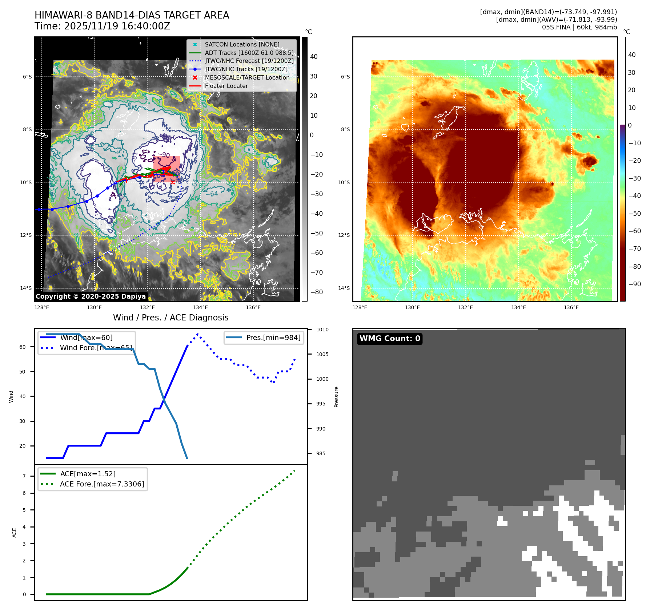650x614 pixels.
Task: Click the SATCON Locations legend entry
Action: [x=242, y=44]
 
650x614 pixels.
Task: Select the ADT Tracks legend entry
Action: [x=249, y=53]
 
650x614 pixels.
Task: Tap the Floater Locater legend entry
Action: [x=226, y=86]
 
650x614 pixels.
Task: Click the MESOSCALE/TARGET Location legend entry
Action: [x=247, y=77]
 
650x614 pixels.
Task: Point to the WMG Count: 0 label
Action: [x=390, y=339]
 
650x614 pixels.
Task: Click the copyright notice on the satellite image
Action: [x=91, y=296]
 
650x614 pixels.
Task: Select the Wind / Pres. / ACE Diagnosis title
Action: [x=171, y=318]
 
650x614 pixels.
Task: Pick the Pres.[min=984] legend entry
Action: [x=273, y=338]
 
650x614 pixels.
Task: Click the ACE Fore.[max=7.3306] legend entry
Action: [x=102, y=484]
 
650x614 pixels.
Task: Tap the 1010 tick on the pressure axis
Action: [x=322, y=330]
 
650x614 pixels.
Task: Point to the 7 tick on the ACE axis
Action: [x=24, y=476]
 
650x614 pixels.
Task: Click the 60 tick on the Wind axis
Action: [x=23, y=347]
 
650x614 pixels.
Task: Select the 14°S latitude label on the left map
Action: [x=26, y=288]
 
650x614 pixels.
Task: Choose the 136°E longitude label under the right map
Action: [x=571, y=307]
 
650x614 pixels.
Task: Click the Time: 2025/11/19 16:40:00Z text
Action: [x=102, y=26]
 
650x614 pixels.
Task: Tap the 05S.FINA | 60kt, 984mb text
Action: [x=579, y=27]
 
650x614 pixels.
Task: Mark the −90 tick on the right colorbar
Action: [x=634, y=284]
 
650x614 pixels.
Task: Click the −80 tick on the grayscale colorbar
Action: [x=316, y=292]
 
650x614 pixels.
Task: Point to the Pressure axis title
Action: [x=336, y=397]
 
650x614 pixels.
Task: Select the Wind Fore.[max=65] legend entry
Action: [x=96, y=348]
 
